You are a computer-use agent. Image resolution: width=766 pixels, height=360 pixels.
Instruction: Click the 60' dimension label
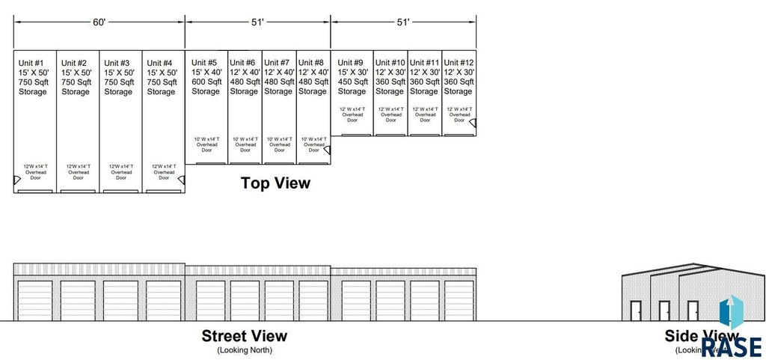coord(99,22)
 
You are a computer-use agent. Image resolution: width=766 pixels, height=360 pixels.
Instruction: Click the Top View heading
coord(275,183)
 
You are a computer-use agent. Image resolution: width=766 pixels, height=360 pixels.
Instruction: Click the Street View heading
coord(244,336)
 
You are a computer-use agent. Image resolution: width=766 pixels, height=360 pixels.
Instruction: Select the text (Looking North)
coord(245,350)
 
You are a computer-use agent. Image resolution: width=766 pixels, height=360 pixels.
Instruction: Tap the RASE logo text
coord(731,346)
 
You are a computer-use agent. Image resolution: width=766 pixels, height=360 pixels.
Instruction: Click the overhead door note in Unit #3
coord(121,172)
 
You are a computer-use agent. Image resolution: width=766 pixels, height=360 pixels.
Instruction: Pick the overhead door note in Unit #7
coord(279,144)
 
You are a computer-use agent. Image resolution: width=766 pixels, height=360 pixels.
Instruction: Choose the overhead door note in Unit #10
coord(390,115)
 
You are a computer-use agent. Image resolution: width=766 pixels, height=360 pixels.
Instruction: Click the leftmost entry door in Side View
coord(636,311)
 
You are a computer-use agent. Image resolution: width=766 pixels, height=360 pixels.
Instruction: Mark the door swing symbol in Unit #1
coord(17,180)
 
